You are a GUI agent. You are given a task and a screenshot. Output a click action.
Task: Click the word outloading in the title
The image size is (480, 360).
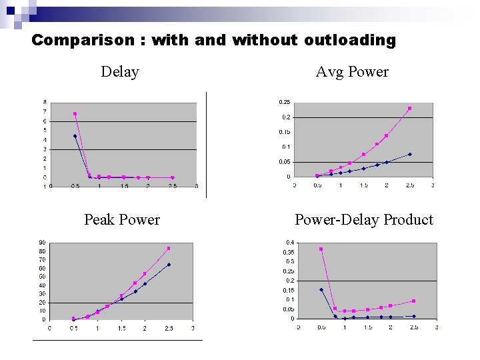pos(350,40)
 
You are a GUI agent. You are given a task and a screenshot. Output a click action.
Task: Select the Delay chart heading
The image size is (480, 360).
pos(120,72)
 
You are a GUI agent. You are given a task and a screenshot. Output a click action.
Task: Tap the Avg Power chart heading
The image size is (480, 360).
pos(352,72)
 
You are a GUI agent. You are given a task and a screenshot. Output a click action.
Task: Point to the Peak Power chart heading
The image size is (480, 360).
pos(122,219)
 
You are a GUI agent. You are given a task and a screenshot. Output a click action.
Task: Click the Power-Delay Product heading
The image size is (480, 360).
pos(364,219)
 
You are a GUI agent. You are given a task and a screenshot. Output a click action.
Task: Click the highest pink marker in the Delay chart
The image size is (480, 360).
pos(75,114)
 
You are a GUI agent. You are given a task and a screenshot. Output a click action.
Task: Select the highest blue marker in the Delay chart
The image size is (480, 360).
pos(75,136)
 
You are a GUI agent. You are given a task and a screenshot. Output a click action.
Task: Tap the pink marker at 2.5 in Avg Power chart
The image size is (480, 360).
pos(409,108)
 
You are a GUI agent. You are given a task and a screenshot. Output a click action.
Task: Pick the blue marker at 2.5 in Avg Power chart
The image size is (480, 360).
pos(409,154)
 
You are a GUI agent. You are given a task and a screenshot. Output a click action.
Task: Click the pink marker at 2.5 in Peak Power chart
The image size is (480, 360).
pos(169,249)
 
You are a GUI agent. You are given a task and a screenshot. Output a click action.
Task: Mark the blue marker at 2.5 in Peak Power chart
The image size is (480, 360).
pos(169,265)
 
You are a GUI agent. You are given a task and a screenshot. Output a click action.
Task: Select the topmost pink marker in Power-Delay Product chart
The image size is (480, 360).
pos(321,249)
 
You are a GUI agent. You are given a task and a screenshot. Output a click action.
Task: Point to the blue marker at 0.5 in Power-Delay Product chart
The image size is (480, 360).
pos(321,289)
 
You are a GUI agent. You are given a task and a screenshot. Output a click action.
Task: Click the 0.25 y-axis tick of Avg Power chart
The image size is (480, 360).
pos(284,102)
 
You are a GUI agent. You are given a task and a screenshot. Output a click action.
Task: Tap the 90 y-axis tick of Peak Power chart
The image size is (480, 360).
pos(42,243)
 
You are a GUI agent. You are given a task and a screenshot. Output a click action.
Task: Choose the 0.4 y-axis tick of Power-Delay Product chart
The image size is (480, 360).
pos(290,242)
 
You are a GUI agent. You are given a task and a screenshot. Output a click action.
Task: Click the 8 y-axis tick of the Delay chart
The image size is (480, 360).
pos(45,102)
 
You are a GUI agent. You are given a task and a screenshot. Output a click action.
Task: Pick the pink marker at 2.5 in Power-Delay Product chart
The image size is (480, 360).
pos(413,301)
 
